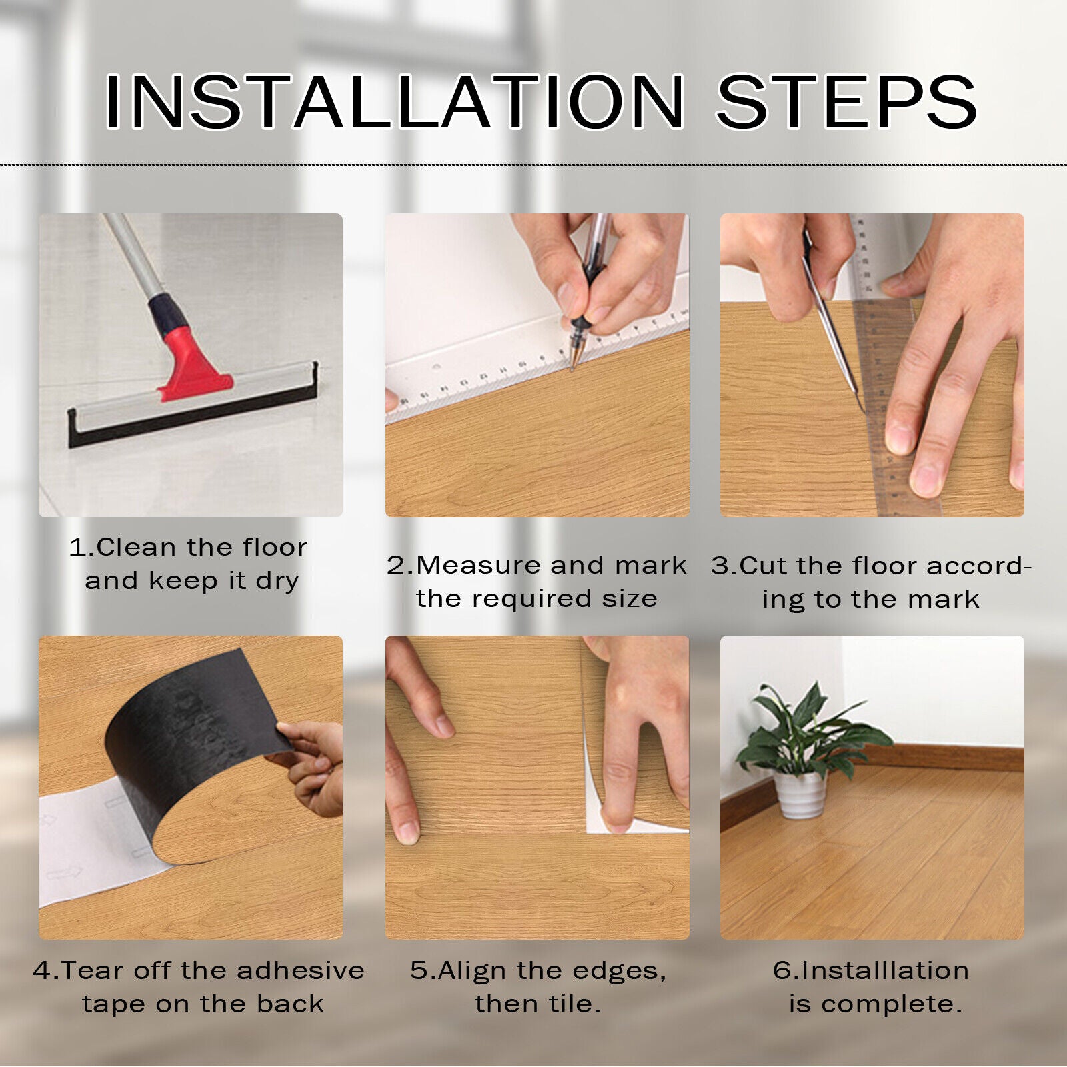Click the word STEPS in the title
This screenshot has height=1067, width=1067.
point(846,101)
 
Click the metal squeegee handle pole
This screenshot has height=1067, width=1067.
point(133,257)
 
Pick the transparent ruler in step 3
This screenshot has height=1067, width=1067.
point(894,373)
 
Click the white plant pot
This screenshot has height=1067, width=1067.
point(800,794)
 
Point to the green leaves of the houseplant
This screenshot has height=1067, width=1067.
point(810,731)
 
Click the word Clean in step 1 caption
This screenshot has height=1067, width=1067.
point(136,548)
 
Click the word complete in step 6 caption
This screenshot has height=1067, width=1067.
point(892,1004)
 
